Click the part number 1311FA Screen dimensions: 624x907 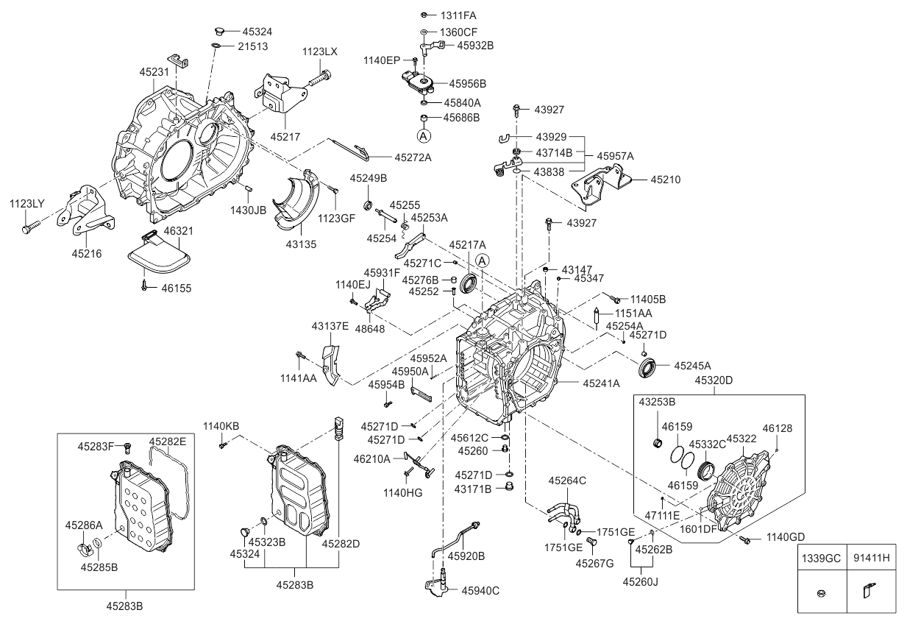coord(458,15)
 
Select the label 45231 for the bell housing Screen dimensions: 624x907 coord(154,72)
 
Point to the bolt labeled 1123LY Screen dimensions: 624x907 coord(27,229)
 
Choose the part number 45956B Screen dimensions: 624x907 coord(468,83)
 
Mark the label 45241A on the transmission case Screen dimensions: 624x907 coord(601,383)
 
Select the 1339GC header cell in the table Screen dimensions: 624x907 coord(822,558)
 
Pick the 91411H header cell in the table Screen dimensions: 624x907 coord(871,558)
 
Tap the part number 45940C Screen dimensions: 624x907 coord(480,590)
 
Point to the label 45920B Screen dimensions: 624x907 coord(466,556)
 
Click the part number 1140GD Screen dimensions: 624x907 coord(786,537)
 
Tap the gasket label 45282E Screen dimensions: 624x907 coord(168,441)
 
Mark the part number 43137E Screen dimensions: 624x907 coord(330,325)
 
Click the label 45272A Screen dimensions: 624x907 coord(413,157)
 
